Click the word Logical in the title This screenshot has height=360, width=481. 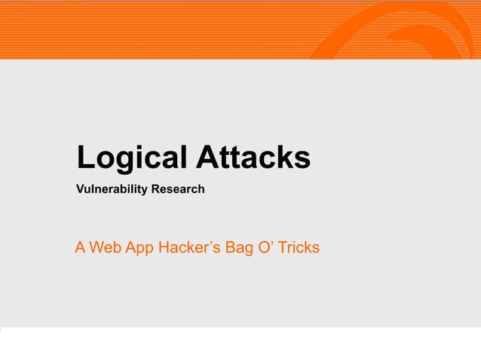[x=133, y=159]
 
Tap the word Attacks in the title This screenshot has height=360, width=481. [x=253, y=158]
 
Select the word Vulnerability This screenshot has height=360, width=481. [x=112, y=189]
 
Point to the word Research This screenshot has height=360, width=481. [x=178, y=189]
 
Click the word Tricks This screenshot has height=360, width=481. [x=299, y=247]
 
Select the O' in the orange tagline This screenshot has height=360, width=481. [x=266, y=247]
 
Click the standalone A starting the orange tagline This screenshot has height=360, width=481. [x=80, y=247]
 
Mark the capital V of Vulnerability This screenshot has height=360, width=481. [x=80, y=189]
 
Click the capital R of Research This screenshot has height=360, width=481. [x=155, y=189]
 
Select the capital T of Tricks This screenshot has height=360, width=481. [x=283, y=247]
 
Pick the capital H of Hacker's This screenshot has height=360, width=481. [x=165, y=247]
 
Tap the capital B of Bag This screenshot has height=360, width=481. [x=230, y=247]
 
